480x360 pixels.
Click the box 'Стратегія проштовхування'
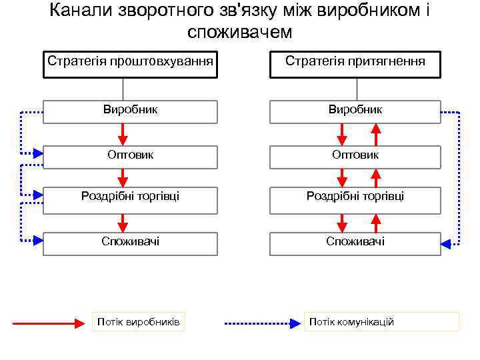point(130,63)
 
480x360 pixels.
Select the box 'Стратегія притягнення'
point(355,63)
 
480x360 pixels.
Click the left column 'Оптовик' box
point(130,155)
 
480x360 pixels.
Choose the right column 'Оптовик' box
point(355,155)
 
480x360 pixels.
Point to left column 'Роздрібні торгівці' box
point(130,197)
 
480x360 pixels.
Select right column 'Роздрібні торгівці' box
point(355,197)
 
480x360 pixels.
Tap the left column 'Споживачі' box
point(130,242)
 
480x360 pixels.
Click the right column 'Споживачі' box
point(355,242)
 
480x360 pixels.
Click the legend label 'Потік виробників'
point(138,322)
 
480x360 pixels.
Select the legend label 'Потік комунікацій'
point(382,322)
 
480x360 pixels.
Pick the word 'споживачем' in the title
point(240,31)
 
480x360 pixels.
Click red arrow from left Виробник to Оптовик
point(123,135)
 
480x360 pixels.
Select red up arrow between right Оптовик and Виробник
point(375,135)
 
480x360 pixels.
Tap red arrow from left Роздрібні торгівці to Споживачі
point(123,223)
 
